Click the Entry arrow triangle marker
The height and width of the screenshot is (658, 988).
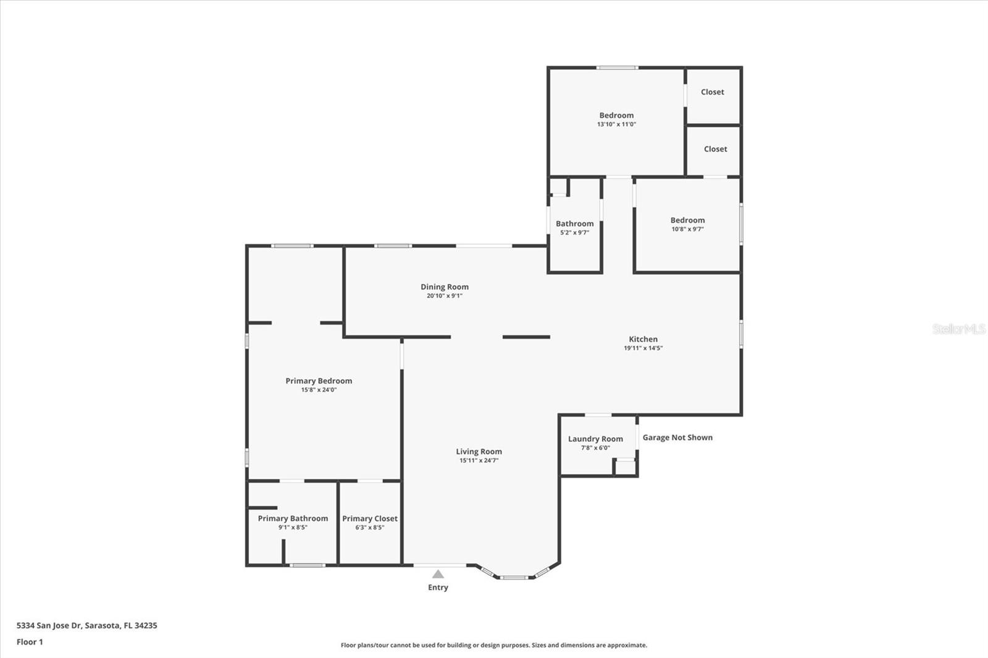click(438, 574)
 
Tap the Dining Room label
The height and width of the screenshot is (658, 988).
click(445, 287)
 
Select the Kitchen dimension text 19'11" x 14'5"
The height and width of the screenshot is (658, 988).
click(643, 348)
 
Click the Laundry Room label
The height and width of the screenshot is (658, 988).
click(595, 439)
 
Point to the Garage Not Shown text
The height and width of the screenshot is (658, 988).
click(677, 438)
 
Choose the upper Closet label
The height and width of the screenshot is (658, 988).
click(712, 92)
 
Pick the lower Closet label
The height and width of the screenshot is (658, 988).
click(715, 149)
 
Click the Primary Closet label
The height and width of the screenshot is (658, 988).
click(370, 518)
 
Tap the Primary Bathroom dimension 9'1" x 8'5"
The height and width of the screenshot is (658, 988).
click(293, 528)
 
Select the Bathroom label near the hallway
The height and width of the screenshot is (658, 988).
click(574, 224)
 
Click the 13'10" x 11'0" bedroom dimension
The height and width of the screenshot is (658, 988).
click(616, 124)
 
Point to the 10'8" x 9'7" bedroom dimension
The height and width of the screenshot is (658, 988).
click(687, 229)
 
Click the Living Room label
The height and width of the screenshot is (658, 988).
click(479, 452)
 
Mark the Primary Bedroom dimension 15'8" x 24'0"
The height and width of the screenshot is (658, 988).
click(319, 390)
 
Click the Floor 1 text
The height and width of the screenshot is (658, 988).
click(30, 642)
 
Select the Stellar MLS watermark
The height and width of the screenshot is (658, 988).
click(958, 329)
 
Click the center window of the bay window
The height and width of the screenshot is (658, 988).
click(514, 578)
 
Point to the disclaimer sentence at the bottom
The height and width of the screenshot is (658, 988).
click(494, 645)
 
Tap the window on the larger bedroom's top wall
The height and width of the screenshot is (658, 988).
click(616, 67)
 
